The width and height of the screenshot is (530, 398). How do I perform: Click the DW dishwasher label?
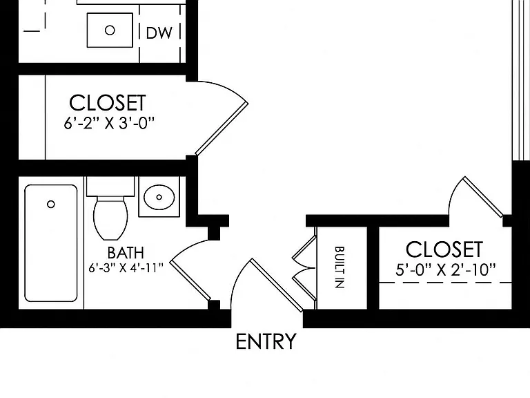[x=159, y=33]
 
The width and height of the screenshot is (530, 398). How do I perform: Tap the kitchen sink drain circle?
[x=110, y=30]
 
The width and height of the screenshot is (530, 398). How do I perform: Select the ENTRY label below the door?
[x=266, y=341]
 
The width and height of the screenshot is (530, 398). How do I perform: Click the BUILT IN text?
[x=340, y=267]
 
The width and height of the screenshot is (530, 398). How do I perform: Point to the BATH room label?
[x=126, y=252]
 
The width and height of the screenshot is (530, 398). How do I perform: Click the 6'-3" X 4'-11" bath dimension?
[x=126, y=268]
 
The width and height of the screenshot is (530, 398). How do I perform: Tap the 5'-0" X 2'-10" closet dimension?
[x=446, y=270]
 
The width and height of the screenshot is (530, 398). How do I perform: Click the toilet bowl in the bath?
[x=110, y=218]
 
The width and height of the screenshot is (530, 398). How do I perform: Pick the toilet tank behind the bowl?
[x=110, y=186]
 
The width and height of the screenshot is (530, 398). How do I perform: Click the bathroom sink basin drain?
[x=159, y=197]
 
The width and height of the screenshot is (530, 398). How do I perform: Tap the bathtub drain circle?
[x=51, y=205]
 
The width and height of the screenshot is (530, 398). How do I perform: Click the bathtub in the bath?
[x=51, y=243]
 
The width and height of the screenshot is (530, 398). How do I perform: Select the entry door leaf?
[x=277, y=285]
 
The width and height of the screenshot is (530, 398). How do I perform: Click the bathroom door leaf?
[x=190, y=281]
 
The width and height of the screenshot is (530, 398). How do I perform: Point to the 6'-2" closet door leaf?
[x=222, y=129]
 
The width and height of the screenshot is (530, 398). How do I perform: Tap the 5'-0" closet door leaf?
[x=483, y=197]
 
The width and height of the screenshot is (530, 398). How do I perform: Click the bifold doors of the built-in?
[x=304, y=267]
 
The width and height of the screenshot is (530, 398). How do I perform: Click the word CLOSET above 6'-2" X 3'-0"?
[x=108, y=102]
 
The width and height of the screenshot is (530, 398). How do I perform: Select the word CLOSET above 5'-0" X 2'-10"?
[x=444, y=249]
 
